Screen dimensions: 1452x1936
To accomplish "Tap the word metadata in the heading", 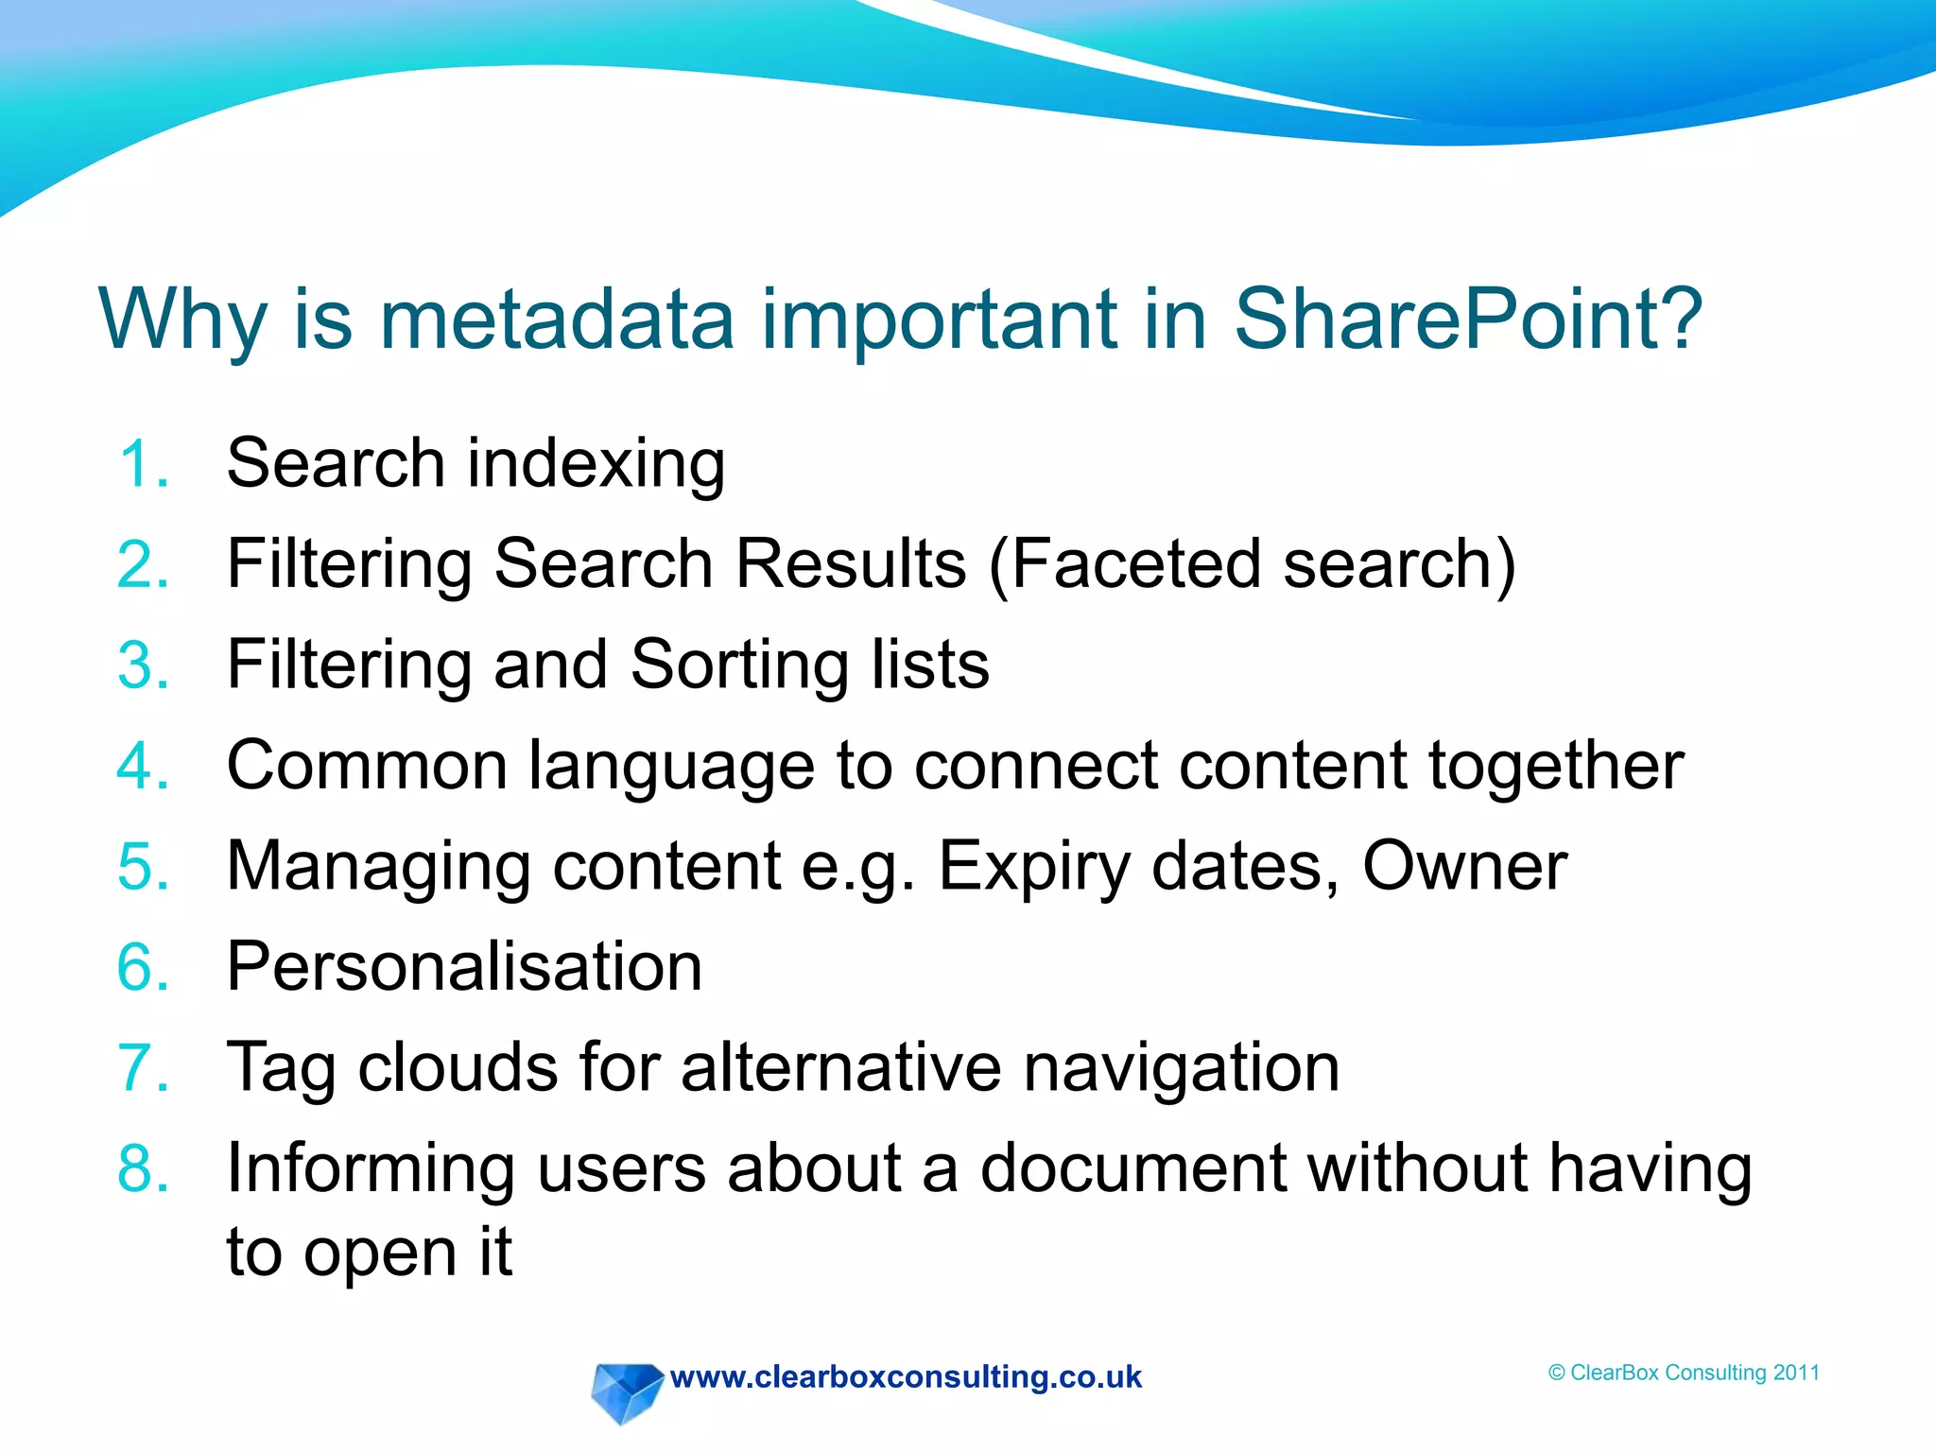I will tap(557, 320).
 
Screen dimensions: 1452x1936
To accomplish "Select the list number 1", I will tap(143, 464).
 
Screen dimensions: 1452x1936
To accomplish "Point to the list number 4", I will tap(143, 766).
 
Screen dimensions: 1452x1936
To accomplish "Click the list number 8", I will tap(143, 1168).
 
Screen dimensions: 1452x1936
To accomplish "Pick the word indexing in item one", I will tap(596, 464).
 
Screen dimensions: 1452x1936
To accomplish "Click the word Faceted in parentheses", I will tap(1135, 564).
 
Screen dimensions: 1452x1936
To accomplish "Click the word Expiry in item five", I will tap(1034, 868).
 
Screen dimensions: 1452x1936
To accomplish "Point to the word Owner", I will tap(1464, 866).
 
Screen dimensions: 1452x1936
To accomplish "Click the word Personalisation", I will tap(464, 967).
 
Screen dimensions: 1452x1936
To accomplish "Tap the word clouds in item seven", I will tap(458, 1067).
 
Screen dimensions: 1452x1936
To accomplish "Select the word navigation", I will tap(1182, 1069).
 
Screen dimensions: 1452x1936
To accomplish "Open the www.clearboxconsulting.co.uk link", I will tap(906, 1377).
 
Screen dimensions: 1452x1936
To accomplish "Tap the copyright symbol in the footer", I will tap(1557, 1374).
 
